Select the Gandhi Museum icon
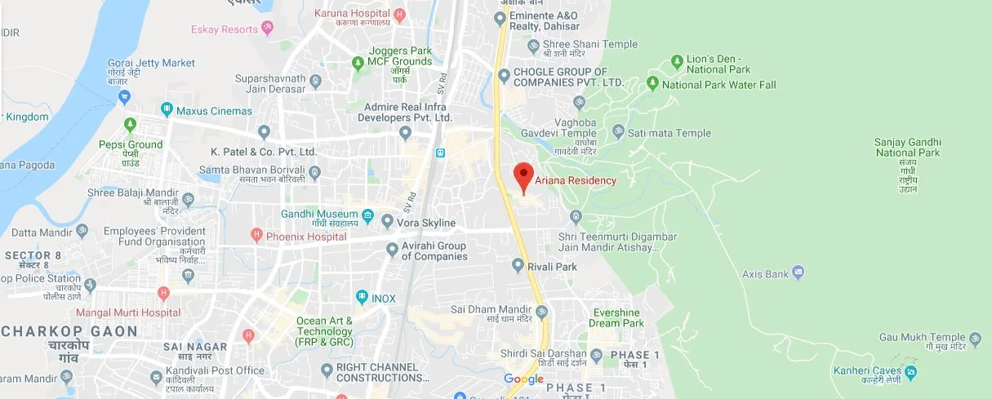tap(367, 216)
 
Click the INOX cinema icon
tap(362, 298)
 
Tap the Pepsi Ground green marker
tap(130, 124)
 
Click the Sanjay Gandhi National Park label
tap(907, 147)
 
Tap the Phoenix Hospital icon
tap(256, 236)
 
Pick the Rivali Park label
tap(555, 266)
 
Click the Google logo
tap(523, 379)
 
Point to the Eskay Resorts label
tap(225, 29)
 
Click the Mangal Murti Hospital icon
tap(164, 292)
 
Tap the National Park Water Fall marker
tap(652, 83)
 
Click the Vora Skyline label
tap(425, 222)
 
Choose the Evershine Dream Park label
tap(616, 318)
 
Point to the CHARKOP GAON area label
tap(69, 331)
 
